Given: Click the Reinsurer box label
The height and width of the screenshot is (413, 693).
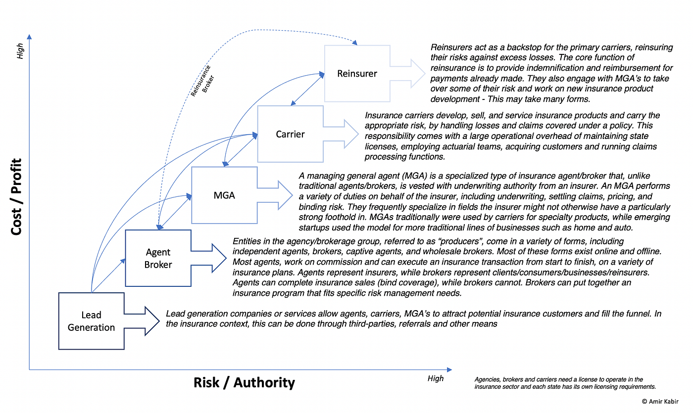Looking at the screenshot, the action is coord(357,74).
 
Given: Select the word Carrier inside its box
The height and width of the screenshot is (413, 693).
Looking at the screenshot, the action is coord(290,134).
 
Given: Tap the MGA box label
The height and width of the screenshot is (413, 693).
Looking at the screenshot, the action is coord(224,195).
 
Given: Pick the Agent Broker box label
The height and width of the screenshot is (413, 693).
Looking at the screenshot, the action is coord(158,258).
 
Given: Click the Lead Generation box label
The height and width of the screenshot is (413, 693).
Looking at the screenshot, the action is coord(91,321).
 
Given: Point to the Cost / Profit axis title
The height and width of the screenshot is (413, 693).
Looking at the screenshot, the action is coord(16,197).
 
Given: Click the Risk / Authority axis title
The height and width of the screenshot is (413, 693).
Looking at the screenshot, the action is coord(244,383).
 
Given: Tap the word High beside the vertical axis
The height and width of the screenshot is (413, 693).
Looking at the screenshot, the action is coord(20,51).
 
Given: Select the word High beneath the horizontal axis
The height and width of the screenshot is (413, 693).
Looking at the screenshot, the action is coord(436,378).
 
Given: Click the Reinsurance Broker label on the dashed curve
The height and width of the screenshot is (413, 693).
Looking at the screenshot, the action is coord(202,81).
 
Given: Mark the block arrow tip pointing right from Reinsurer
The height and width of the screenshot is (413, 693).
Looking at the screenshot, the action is coord(425,74).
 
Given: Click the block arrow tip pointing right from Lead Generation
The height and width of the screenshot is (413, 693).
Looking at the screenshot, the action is coord(159,321).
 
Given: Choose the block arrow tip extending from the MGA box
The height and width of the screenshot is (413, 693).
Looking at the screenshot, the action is coord(292,195).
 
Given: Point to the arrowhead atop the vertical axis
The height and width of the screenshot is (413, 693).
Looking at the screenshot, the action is coord(29,37).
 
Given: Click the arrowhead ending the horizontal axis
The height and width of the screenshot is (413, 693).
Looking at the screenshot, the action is coord(449,370).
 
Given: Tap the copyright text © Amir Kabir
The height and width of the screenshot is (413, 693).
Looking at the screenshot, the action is coord(660,402).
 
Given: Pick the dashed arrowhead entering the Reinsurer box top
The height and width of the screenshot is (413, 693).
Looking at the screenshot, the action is coord(355,43).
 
